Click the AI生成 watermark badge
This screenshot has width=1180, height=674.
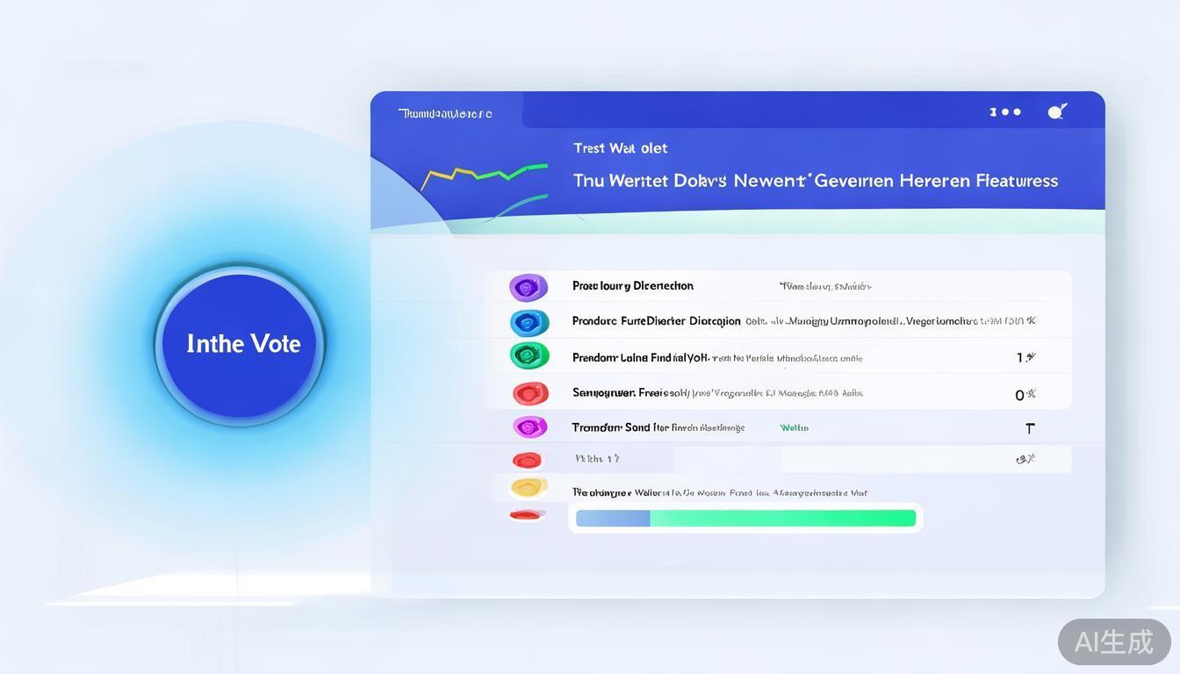click(1113, 642)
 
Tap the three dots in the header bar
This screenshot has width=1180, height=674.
click(1005, 112)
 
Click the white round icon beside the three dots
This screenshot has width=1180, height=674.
click(1056, 111)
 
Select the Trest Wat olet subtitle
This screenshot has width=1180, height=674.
click(620, 148)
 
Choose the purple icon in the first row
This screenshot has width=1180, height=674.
click(528, 287)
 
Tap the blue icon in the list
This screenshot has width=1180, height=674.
click(529, 322)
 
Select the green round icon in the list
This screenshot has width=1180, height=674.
click(529, 355)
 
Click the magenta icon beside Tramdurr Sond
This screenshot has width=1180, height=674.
click(529, 427)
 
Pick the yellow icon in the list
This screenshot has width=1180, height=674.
click(529, 487)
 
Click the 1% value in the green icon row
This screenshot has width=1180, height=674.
click(1025, 357)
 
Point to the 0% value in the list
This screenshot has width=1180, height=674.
click(1025, 395)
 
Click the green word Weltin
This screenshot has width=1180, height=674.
click(794, 428)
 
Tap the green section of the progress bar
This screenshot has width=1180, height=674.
click(781, 519)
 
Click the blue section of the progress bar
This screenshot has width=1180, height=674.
click(613, 519)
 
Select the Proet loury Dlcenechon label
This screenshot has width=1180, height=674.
click(632, 286)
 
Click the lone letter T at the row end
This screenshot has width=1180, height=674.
click(1030, 428)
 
